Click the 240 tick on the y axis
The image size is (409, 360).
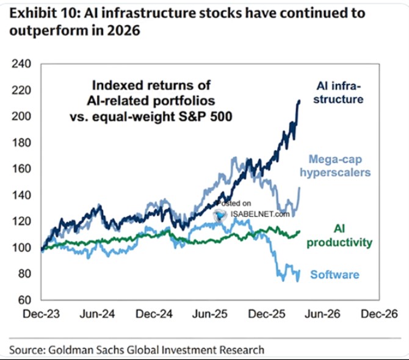point(21,64)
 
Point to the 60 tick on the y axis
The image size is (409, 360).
point(24,300)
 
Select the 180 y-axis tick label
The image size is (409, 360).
point(21,143)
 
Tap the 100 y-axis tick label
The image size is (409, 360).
point(21,247)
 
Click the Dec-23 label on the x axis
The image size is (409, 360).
point(42,314)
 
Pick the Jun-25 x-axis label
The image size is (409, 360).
point(210,314)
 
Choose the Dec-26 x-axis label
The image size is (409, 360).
point(379,314)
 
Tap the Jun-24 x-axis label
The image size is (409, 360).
point(97,314)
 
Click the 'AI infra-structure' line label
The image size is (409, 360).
point(338,93)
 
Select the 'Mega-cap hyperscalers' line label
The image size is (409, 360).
point(336,166)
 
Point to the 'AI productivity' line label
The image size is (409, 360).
point(339,236)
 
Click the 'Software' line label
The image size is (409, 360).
point(335,275)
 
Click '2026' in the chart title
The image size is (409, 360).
point(124,31)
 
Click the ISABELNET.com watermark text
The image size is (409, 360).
point(260,214)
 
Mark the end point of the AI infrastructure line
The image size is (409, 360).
point(299,101)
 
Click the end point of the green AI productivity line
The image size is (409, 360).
point(300,231)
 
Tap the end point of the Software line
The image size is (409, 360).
point(299,271)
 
